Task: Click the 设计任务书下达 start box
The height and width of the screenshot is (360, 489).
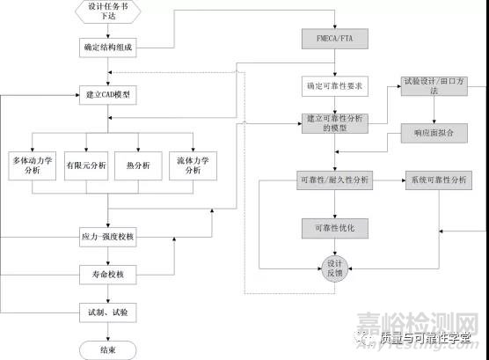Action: pyautogui.click(x=108, y=11)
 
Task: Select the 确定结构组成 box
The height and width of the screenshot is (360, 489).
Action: pyautogui.click(x=108, y=47)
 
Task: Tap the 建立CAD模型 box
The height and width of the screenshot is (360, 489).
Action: pyautogui.click(x=108, y=94)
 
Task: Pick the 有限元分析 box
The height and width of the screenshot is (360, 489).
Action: pyautogui.click(x=86, y=165)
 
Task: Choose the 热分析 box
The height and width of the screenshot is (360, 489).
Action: pyautogui.click(x=140, y=165)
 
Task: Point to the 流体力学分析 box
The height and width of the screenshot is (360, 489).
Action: pyautogui.click(x=193, y=165)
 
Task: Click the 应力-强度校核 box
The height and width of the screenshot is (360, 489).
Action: pyautogui.click(x=108, y=238)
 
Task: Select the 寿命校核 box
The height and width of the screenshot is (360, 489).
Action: pyautogui.click(x=108, y=275)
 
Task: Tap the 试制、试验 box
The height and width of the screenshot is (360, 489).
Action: pyautogui.click(x=108, y=312)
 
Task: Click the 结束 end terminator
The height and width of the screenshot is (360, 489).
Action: pyautogui.click(x=108, y=350)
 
